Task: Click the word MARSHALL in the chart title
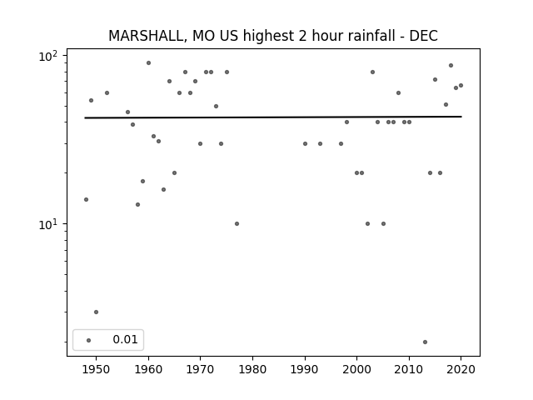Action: pos(147,36)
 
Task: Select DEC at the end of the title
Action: pos(424,36)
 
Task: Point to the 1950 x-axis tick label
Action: pos(96,369)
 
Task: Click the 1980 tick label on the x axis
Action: pos(252,369)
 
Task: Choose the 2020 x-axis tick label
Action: pos(461,369)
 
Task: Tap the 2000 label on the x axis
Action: pos(356,369)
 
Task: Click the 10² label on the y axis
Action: pos(48,56)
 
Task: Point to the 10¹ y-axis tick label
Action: pos(48,224)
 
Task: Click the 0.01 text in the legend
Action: pos(125,339)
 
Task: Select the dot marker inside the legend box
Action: pos(89,340)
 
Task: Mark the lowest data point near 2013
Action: pos(425,342)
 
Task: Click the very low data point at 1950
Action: pos(97,312)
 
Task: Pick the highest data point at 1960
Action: pos(148,63)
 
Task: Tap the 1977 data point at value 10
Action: pos(237,224)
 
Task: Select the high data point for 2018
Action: pos(451,65)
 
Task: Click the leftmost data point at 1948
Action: pos(86,199)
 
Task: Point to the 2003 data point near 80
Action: pos(372,72)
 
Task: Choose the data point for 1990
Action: pos(305,143)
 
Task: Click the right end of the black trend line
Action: pos(461,117)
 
